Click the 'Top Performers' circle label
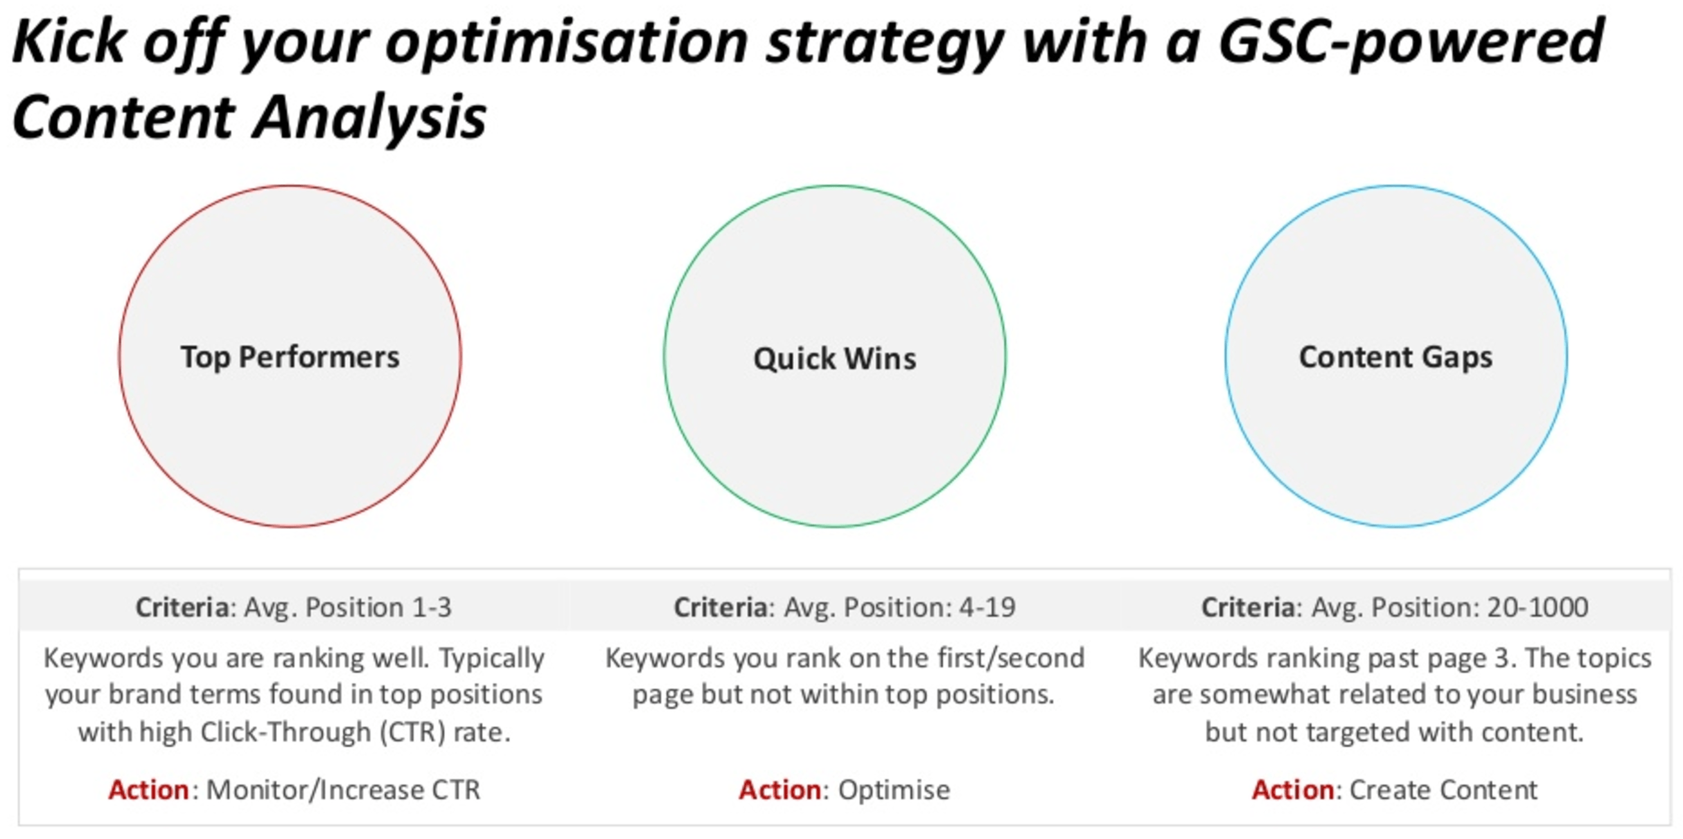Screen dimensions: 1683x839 (290, 357)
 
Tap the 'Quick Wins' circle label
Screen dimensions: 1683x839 (835, 358)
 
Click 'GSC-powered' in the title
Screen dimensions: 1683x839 (1411, 42)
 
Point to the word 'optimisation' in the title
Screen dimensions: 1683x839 (567, 42)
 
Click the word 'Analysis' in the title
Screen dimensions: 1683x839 (371, 118)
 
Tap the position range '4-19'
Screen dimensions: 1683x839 (987, 608)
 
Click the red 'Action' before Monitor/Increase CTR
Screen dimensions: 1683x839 (149, 790)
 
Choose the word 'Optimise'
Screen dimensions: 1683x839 (894, 791)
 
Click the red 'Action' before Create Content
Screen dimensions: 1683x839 (1293, 790)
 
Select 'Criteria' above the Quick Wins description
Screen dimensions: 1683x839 (721, 608)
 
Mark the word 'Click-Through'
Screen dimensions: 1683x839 (285, 732)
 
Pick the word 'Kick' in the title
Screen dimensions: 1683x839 (69, 41)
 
